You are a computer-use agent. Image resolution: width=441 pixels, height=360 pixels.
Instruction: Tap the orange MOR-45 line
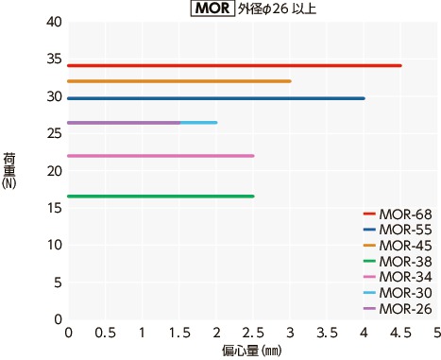click(179, 81)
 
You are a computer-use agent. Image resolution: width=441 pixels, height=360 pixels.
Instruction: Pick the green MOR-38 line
click(161, 197)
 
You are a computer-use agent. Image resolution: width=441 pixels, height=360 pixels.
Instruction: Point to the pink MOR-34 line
click(161, 156)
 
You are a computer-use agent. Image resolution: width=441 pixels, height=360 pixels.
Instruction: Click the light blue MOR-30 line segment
click(198, 123)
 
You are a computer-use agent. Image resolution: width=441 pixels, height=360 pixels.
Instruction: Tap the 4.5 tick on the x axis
click(400, 334)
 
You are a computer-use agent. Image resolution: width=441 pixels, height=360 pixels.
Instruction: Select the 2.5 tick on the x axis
click(252, 334)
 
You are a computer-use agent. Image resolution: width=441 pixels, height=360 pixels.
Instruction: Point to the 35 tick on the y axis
click(54, 59)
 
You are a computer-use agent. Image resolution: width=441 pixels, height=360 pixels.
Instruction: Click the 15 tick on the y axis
click(54, 207)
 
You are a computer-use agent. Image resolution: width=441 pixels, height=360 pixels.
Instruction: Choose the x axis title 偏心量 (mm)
click(252, 350)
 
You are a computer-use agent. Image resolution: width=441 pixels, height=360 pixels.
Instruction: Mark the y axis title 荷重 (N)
click(9, 170)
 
